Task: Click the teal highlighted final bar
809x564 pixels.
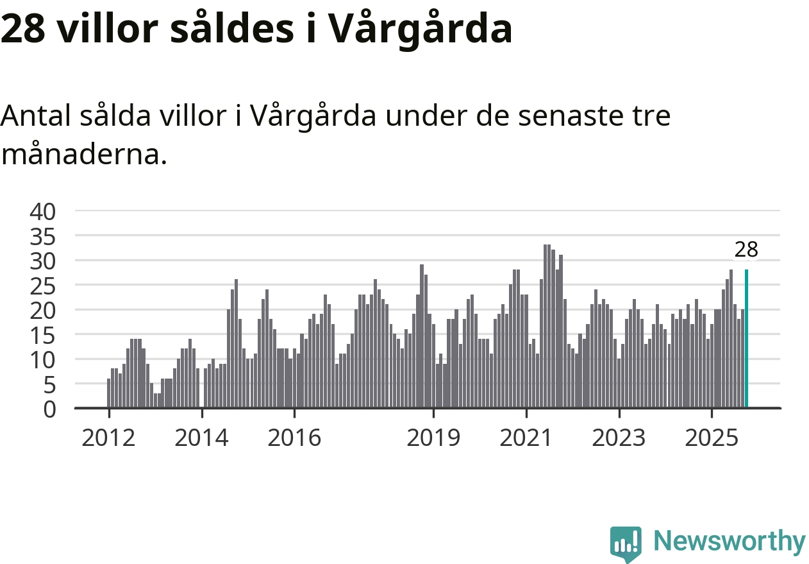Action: pyautogui.click(x=747, y=338)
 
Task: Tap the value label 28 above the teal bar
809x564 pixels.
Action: pyautogui.click(x=746, y=250)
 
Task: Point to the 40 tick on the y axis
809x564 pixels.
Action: pyautogui.click(x=43, y=210)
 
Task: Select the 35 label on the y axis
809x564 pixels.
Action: pyautogui.click(x=43, y=235)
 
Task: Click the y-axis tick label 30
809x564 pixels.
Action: pyautogui.click(x=43, y=260)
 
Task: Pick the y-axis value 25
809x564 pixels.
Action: pyautogui.click(x=43, y=285)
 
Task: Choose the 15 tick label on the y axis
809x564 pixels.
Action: pyautogui.click(x=43, y=334)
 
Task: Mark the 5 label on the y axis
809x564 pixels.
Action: pyautogui.click(x=50, y=384)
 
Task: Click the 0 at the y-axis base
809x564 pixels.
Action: pyautogui.click(x=50, y=409)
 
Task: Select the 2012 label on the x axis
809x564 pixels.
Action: pyautogui.click(x=109, y=438)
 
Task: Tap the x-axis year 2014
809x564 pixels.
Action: pyautogui.click(x=201, y=438)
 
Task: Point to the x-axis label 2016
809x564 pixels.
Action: pyautogui.click(x=294, y=438)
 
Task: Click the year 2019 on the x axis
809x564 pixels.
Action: pyautogui.click(x=433, y=438)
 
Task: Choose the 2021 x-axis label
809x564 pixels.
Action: pyautogui.click(x=526, y=438)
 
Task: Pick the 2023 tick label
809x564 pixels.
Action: pyautogui.click(x=619, y=438)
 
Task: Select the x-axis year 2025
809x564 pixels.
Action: pyautogui.click(x=712, y=438)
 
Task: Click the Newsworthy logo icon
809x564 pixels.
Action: pyautogui.click(x=626, y=544)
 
